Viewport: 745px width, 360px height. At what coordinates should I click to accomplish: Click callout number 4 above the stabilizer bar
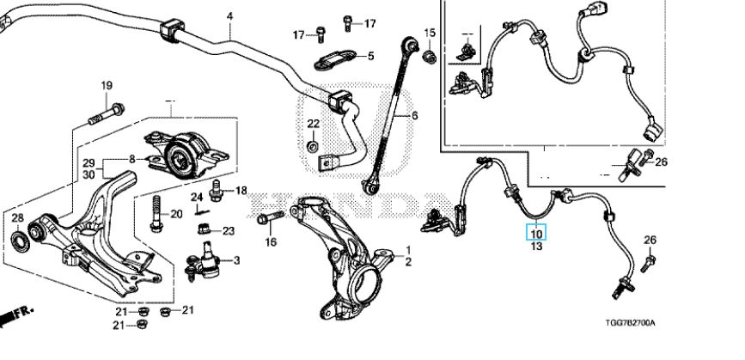click(229, 16)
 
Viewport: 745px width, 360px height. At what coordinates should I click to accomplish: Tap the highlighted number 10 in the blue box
click(536, 232)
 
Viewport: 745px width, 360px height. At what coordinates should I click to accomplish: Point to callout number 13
click(536, 247)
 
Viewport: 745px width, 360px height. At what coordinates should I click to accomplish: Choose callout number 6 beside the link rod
click(413, 116)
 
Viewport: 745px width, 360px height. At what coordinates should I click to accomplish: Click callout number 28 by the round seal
click(16, 218)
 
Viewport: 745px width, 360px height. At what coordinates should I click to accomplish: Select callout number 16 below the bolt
click(271, 242)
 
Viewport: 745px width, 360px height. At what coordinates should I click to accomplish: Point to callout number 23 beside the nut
click(228, 230)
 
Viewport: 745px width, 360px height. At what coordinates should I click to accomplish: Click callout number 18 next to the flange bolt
click(240, 190)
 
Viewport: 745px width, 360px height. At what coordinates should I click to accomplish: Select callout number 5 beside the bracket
click(370, 57)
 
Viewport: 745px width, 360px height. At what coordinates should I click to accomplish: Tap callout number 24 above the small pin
click(197, 198)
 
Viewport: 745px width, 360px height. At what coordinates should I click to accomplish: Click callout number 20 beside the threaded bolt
click(177, 214)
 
